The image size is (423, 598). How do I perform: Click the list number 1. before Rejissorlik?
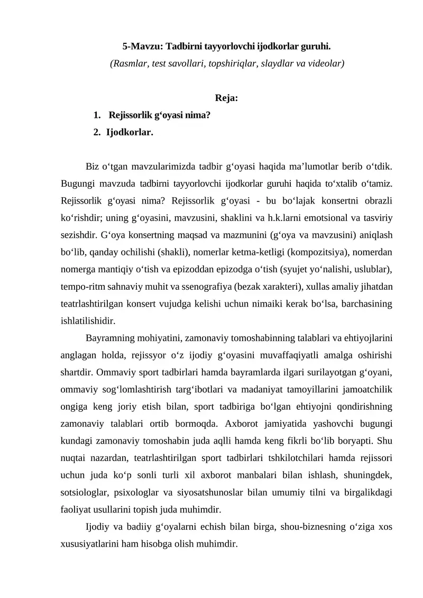point(96,115)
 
